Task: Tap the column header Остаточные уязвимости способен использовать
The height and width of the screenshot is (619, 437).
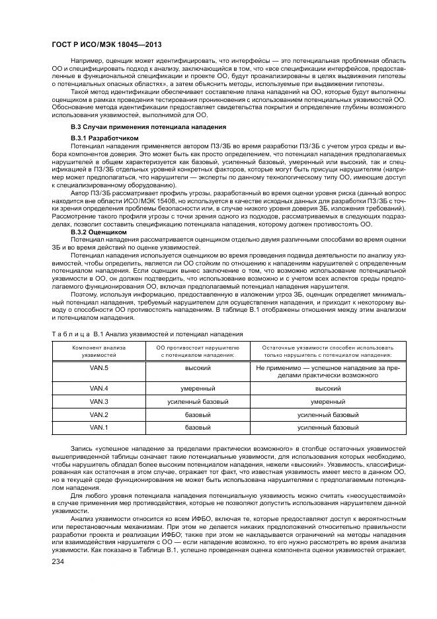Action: pyautogui.click(x=328, y=351)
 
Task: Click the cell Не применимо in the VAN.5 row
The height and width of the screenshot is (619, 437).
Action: pyautogui.click(x=328, y=371)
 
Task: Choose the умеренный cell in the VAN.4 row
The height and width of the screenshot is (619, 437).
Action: pyautogui.click(x=198, y=388)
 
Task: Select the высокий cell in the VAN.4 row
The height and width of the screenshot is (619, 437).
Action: pyautogui.click(x=328, y=388)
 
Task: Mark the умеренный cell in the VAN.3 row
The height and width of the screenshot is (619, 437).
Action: pyautogui.click(x=328, y=401)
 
